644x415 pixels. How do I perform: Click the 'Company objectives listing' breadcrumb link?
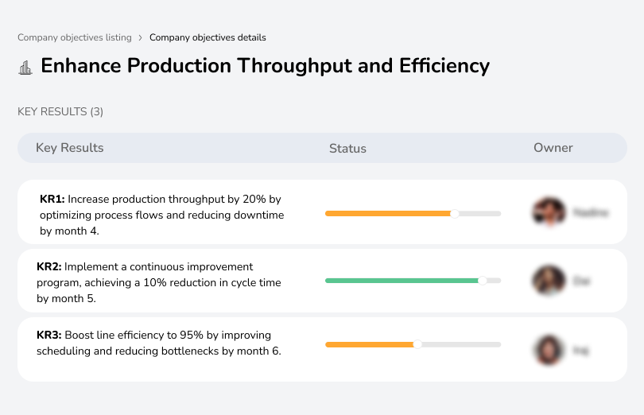pos(74,37)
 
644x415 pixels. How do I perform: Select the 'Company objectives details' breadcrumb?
pos(208,37)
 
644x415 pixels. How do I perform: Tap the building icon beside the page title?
pos(25,67)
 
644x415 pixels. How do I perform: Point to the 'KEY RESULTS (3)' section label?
pos(60,112)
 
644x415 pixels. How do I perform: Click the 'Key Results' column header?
pos(70,148)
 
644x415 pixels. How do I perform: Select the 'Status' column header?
pos(347,149)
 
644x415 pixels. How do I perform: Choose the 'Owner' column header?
pos(553,148)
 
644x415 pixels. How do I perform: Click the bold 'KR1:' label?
pos(52,199)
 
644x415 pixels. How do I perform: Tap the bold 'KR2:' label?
pos(49,267)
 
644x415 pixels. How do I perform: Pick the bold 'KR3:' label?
pos(49,335)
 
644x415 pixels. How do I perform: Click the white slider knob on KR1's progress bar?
pos(455,213)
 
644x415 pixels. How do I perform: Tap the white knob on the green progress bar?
pos(482,281)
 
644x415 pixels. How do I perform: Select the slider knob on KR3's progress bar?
pos(417,344)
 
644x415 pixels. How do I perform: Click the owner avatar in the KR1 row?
pos(548,212)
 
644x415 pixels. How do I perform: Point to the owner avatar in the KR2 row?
pos(548,281)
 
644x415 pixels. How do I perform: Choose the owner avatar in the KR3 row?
pos(548,350)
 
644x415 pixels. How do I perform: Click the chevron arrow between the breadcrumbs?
pos(141,37)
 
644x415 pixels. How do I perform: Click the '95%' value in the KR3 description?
pos(185,335)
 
